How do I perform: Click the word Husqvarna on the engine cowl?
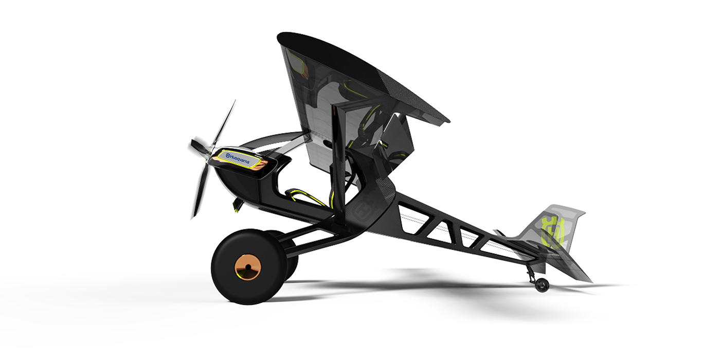point(240,158)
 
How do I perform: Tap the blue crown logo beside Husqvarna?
point(228,155)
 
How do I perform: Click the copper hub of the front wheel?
point(248,267)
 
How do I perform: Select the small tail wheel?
point(542,285)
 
